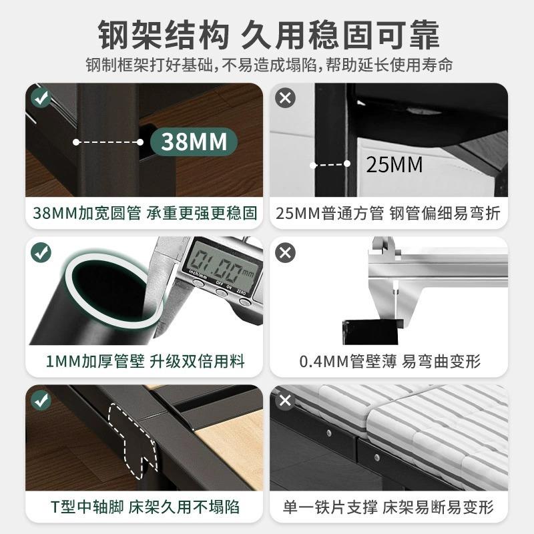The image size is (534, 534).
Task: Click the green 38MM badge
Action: click(x=188, y=142)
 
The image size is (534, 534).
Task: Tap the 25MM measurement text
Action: click(x=394, y=164)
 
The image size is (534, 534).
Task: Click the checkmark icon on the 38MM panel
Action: click(x=41, y=98)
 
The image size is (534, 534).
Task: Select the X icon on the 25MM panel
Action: click(x=286, y=98)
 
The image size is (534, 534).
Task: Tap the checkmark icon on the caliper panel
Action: click(x=41, y=252)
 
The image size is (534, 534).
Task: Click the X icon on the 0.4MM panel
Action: click(x=286, y=252)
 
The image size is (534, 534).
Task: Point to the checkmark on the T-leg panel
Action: click(x=41, y=400)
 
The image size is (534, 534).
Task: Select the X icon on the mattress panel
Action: click(x=286, y=400)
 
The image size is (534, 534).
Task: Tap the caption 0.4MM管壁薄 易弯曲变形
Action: click(x=390, y=362)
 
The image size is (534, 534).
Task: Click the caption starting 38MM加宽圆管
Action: click(x=145, y=214)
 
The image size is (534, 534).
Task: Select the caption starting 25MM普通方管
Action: click(x=390, y=214)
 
